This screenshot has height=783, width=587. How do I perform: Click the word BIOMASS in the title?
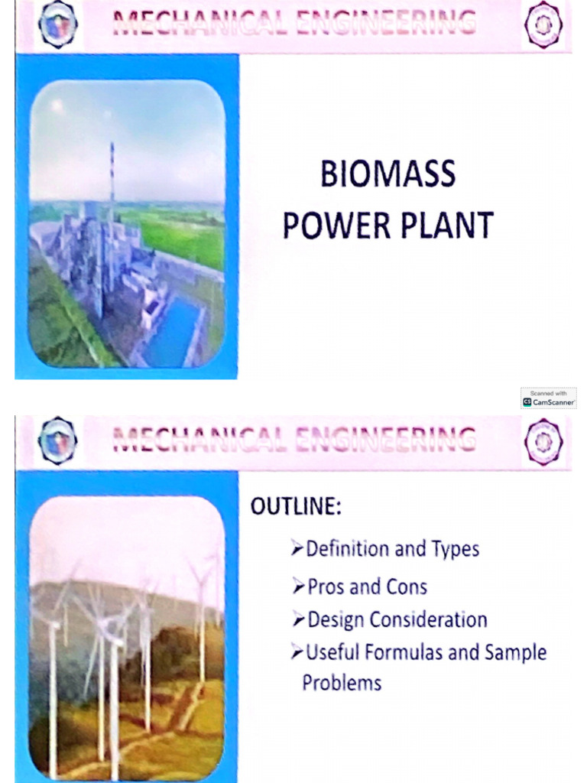[x=388, y=175]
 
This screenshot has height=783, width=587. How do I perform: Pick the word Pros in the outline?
[x=326, y=587]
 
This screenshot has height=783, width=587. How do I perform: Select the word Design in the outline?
[x=335, y=619]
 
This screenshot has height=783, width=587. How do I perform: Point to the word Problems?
[x=342, y=682]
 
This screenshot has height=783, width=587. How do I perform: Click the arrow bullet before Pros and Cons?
[x=298, y=587]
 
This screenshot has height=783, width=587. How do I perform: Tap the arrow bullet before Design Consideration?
[x=298, y=619]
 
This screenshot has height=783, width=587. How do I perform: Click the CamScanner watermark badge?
[x=549, y=398]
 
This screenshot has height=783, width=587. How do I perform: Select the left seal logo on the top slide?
[x=58, y=24]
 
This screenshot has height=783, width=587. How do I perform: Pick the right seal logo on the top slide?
[x=543, y=25]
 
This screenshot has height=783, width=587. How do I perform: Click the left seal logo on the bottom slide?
[x=58, y=441]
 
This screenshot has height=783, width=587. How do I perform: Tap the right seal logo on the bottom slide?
[x=543, y=441]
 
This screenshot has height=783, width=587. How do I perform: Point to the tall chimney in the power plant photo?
[x=112, y=184]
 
